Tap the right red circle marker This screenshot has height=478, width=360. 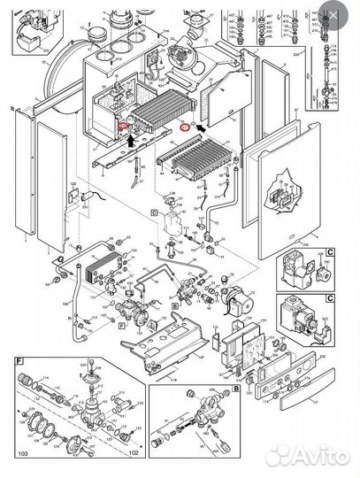click(185, 127)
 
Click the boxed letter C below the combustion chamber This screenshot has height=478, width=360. click(153, 213)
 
